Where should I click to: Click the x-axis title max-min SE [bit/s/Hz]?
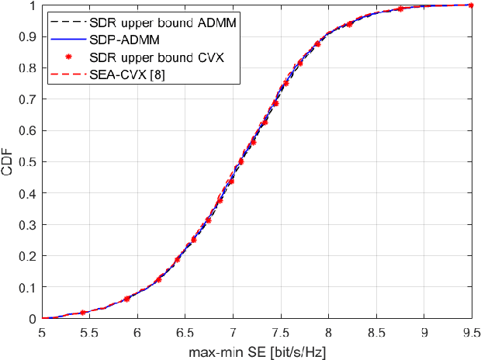click(x=257, y=350)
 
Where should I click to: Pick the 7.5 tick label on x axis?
click(x=280, y=331)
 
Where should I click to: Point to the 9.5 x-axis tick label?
click(x=471, y=331)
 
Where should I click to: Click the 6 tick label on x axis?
click(x=137, y=331)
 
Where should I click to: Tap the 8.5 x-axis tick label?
click(x=375, y=331)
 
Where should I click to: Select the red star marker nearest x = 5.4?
click(x=83, y=313)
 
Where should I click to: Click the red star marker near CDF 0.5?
click(x=241, y=161)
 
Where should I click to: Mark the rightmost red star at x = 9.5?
click(x=471, y=5)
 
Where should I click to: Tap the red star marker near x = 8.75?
click(x=400, y=9)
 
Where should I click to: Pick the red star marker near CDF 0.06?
click(x=127, y=299)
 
